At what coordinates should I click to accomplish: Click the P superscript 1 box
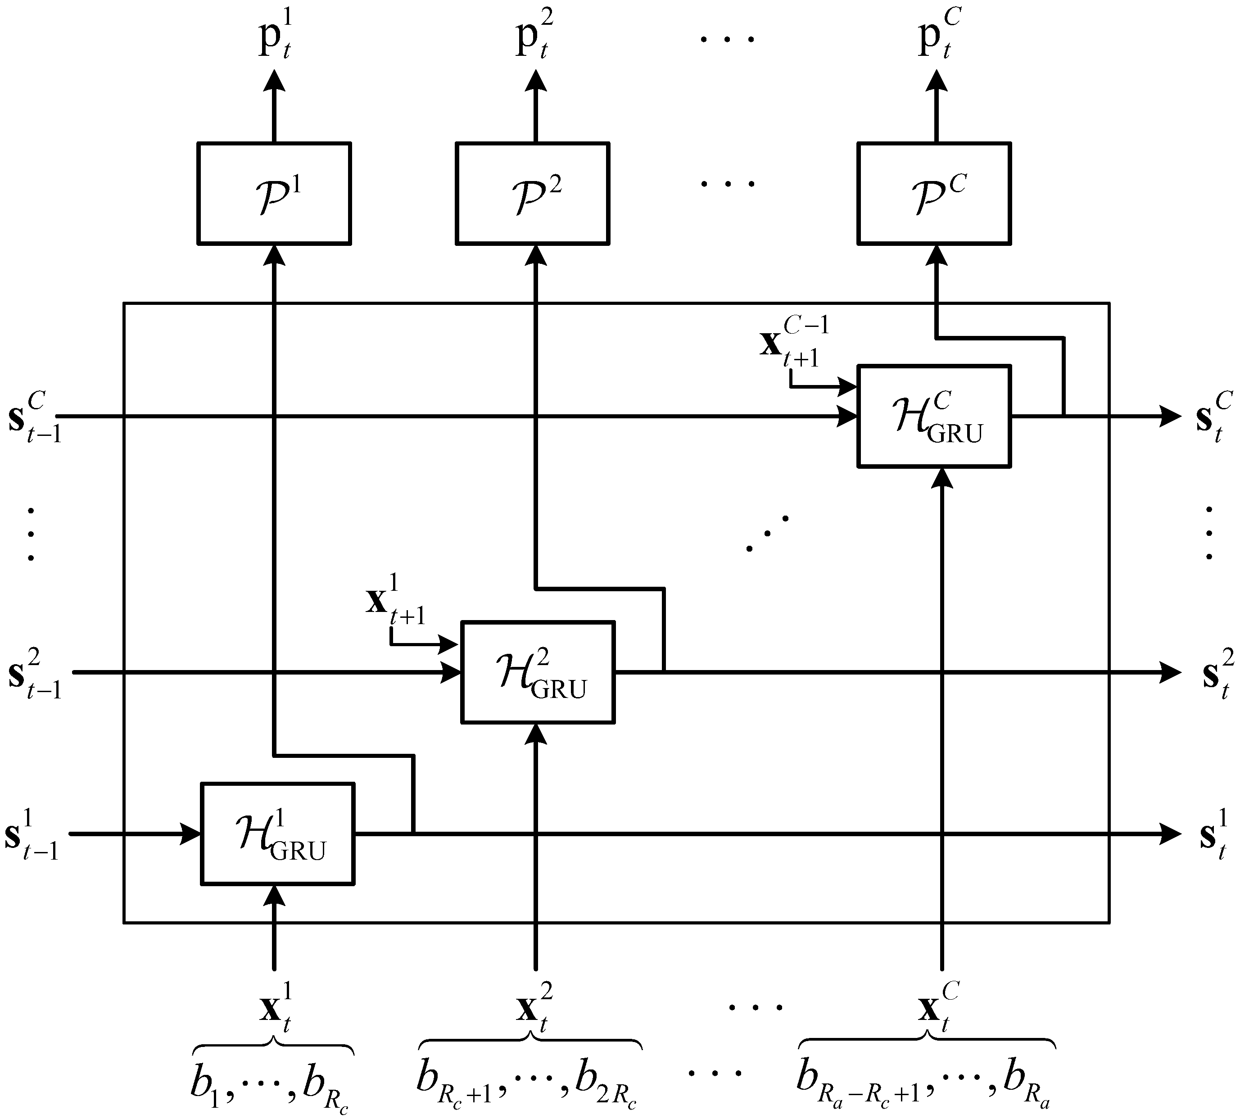274,194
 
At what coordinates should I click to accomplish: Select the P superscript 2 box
532,194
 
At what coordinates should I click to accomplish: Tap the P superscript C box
934,194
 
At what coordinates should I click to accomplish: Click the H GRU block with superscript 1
278,834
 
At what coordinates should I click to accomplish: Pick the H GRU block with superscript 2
538,672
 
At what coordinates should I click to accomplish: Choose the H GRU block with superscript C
934,416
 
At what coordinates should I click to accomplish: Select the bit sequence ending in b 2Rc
528,1087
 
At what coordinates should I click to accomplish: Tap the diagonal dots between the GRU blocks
767,532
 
